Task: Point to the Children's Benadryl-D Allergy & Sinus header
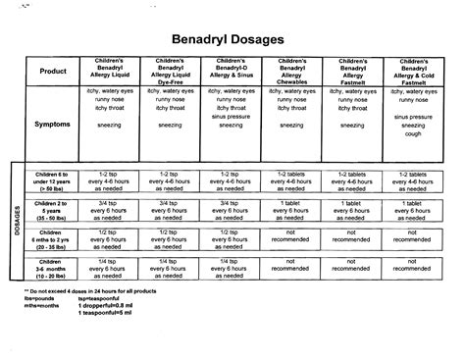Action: coord(232,72)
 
